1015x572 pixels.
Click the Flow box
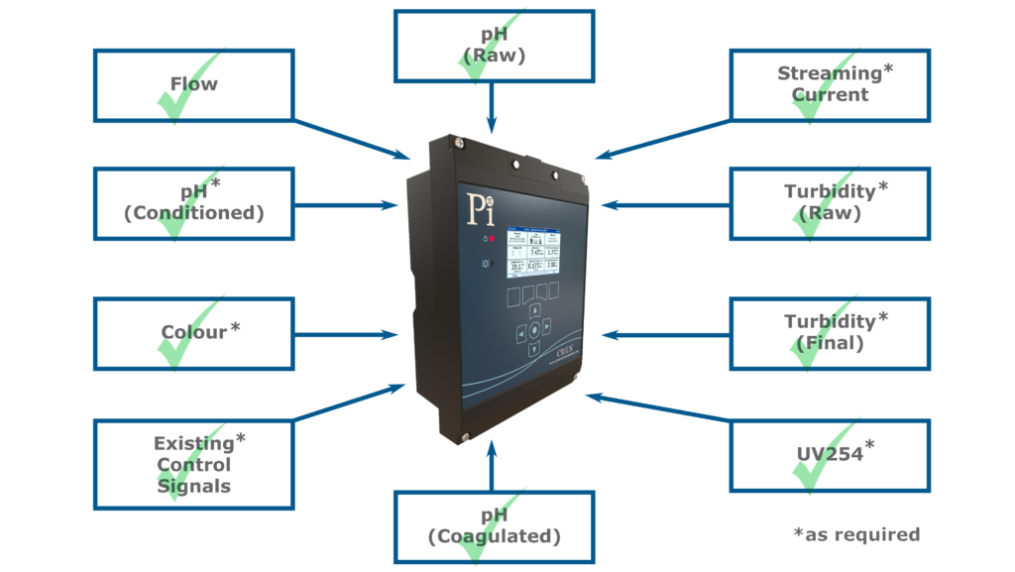point(193,85)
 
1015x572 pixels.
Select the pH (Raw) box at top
point(494,46)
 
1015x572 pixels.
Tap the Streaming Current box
point(830,85)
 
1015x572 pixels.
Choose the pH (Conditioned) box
point(193,202)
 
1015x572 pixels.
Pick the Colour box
point(193,332)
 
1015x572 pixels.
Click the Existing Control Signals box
point(193,464)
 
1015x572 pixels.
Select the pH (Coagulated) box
point(494,526)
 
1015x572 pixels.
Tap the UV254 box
point(830,455)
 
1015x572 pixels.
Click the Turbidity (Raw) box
point(830,202)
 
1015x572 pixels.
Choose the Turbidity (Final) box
point(830,332)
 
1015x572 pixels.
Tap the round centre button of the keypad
point(535,330)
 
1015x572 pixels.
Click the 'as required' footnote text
point(856,534)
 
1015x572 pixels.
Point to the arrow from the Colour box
point(347,335)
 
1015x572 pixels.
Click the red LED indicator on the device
point(491,239)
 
